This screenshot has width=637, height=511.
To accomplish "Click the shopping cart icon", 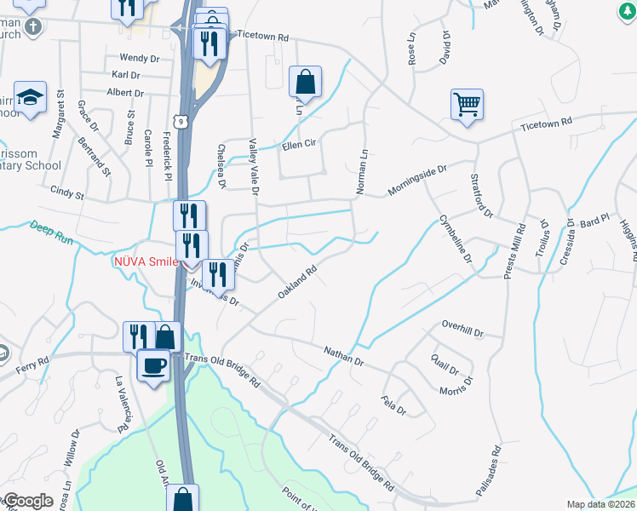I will click(x=467, y=106).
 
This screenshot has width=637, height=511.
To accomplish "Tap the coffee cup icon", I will click(x=153, y=365).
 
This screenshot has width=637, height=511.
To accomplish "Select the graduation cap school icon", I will click(x=32, y=99).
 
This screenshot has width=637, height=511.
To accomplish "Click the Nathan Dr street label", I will click(x=343, y=356).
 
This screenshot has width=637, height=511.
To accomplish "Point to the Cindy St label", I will click(x=67, y=193).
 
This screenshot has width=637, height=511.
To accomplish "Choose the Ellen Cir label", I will click(x=299, y=146).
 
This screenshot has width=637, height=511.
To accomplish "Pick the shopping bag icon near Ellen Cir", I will click(x=305, y=83).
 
